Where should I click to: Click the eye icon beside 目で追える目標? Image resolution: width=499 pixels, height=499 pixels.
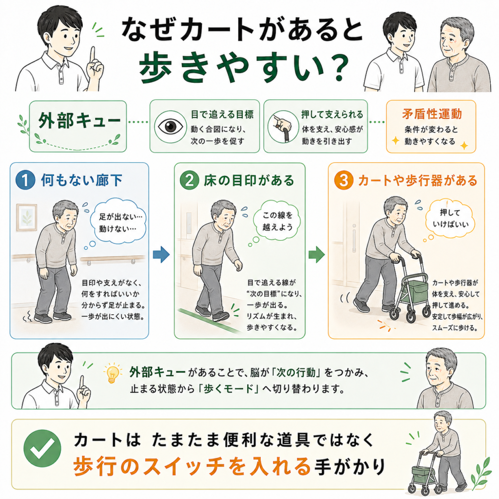point(171,127)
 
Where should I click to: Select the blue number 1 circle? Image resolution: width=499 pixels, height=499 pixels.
point(25,180)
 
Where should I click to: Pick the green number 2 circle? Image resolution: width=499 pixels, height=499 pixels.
point(190,180)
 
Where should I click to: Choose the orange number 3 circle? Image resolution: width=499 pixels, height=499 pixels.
point(344,180)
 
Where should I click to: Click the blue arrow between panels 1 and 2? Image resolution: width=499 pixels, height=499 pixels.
point(161,254)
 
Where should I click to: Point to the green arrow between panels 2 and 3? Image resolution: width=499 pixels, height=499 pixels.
point(317,254)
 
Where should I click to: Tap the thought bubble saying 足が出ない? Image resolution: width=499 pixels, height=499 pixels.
point(117,222)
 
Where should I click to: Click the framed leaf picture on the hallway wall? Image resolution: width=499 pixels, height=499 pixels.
point(27,217)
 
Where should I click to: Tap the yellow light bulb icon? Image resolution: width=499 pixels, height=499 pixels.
point(112,373)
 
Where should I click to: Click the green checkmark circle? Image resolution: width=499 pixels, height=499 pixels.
point(42,448)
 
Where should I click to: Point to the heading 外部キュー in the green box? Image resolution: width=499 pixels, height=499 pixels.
point(79,121)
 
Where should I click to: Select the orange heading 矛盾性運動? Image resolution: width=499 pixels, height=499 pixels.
point(432,114)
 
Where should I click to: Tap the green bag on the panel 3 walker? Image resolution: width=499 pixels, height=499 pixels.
point(414,292)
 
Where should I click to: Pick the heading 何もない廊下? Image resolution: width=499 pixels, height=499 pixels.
point(81,180)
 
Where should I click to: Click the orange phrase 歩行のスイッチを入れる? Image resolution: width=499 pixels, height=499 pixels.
point(192,466)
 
